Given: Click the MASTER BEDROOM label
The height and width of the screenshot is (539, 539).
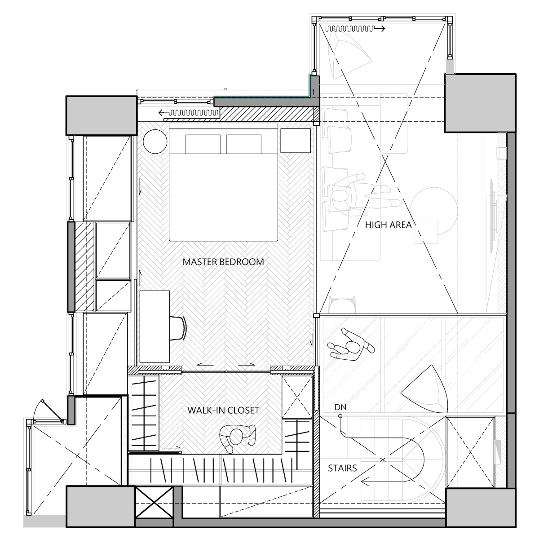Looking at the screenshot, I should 223,261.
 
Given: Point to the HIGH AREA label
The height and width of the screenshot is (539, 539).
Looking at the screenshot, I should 388,225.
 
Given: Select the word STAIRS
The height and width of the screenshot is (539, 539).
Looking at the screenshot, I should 342,468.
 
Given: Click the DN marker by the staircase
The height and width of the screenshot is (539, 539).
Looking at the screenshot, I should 340,408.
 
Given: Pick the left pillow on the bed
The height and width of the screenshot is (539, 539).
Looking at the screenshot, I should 203,144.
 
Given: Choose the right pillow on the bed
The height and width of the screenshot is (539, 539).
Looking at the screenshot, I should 244,144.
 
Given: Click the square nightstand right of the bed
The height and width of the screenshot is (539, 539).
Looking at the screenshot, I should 296,141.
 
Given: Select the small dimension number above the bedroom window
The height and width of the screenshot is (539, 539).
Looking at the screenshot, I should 225,89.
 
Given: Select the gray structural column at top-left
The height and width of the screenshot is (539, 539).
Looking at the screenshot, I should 101,115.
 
